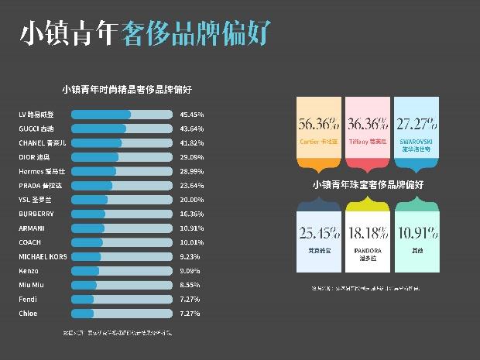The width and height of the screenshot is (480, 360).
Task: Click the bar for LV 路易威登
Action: (122, 115)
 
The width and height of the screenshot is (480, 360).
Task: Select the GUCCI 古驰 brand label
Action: (36, 129)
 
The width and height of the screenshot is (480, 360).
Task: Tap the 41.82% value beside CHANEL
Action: (191, 143)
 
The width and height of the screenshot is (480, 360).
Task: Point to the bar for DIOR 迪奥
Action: (122, 157)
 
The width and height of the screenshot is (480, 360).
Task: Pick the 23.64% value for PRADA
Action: (191, 186)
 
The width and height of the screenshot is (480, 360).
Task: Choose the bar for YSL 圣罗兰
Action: (122, 200)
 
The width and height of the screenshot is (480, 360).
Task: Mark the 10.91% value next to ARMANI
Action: (191, 228)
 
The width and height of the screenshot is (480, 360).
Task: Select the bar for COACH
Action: (122, 242)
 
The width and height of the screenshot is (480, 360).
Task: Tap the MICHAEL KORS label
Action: (43, 256)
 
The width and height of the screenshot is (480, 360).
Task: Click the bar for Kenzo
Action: (122, 271)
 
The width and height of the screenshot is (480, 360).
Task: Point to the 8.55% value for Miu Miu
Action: (190, 285)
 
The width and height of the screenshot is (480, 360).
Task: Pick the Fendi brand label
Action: (28, 299)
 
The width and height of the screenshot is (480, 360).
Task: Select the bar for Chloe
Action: (122, 314)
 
